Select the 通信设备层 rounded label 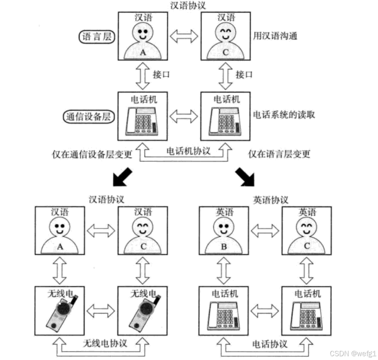coord(88,117)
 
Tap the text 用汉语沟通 coord(275,36)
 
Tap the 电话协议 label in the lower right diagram coord(270,344)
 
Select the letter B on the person coord(224,246)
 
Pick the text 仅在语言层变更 coord(279,154)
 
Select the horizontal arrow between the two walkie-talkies coord(101,311)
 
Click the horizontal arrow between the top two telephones coord(183,116)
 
